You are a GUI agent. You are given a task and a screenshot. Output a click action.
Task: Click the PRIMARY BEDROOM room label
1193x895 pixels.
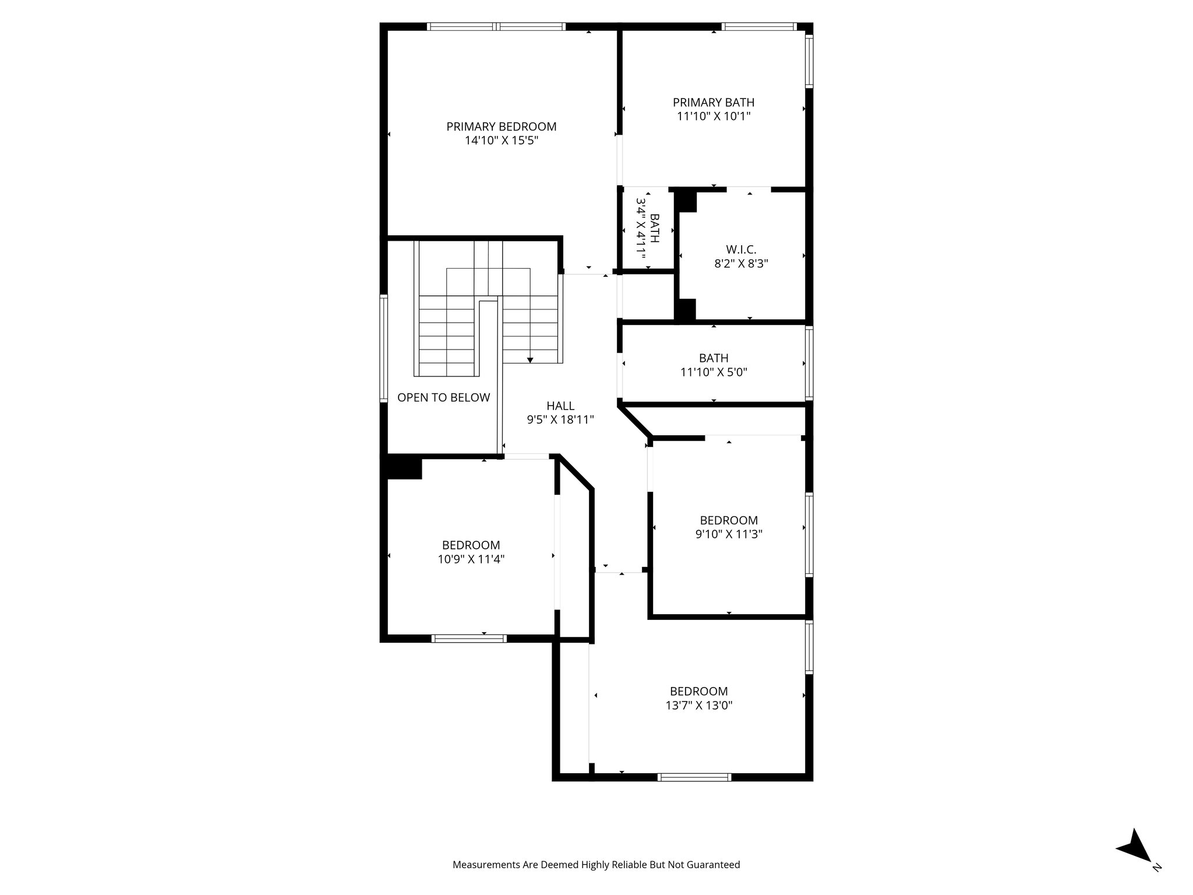[x=501, y=126]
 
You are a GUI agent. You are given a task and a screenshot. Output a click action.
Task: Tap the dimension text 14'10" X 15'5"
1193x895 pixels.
[x=501, y=140]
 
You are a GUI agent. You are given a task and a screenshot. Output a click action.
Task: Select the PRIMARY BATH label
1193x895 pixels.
[x=713, y=103]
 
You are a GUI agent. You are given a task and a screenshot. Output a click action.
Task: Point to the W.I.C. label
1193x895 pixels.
[x=741, y=250]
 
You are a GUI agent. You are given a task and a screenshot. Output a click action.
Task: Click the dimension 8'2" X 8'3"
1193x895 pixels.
[x=741, y=263]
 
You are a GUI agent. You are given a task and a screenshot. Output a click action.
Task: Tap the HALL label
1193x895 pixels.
[x=560, y=406]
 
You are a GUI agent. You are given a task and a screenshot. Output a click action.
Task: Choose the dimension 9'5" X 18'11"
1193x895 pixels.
[x=560, y=420]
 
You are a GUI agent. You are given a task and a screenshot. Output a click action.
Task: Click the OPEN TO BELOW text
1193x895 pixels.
[x=443, y=397]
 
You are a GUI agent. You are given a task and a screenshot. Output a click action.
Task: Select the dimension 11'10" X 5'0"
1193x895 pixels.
[x=714, y=372]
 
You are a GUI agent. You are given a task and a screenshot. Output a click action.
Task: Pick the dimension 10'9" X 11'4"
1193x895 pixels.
[x=471, y=559]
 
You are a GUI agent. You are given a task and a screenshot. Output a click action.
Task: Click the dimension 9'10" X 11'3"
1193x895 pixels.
[x=729, y=534]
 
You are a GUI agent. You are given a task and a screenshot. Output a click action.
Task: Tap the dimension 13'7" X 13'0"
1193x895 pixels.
[x=698, y=706]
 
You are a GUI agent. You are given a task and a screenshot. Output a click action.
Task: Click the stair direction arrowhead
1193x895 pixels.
[x=530, y=360]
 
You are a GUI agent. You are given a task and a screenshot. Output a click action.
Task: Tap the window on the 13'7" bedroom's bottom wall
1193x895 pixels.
[x=694, y=777]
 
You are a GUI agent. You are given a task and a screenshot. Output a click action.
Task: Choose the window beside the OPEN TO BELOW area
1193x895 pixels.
[x=384, y=348]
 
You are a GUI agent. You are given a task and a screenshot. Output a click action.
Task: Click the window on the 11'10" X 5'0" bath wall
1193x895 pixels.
[x=809, y=364]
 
